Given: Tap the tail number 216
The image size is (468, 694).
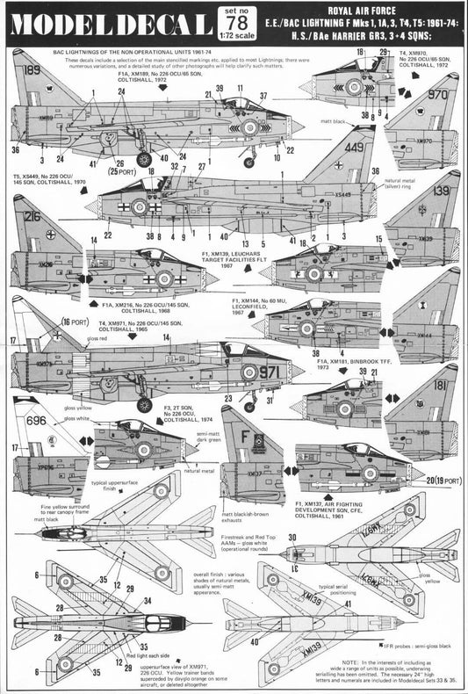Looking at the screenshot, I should (32, 216).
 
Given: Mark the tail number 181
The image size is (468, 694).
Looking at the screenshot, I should (438, 384).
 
